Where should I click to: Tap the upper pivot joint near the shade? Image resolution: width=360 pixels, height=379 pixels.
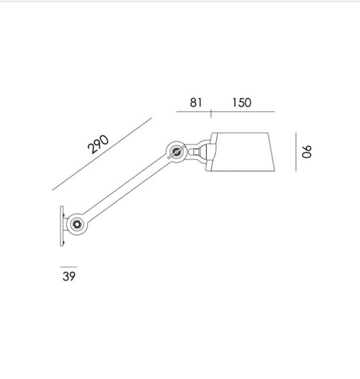pyautogui.click(x=175, y=153)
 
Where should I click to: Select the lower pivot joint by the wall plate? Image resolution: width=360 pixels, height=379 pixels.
pyautogui.click(x=76, y=223)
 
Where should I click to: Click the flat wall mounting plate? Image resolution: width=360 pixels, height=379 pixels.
pyautogui.click(x=62, y=225)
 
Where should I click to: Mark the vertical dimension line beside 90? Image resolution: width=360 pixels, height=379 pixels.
pyautogui.click(x=295, y=152)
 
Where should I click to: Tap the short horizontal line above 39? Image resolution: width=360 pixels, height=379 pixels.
pyautogui.click(x=68, y=266)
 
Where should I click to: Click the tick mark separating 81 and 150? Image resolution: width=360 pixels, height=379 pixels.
pyautogui.click(x=212, y=113)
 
